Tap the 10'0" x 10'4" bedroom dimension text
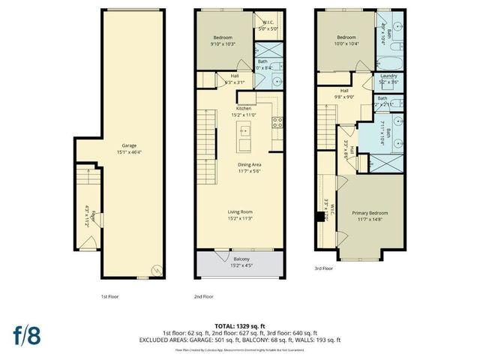click(x=346, y=43)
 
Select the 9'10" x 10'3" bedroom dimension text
click(x=223, y=43)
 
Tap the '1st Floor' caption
click(x=111, y=297)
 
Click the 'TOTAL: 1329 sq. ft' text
click(x=240, y=325)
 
